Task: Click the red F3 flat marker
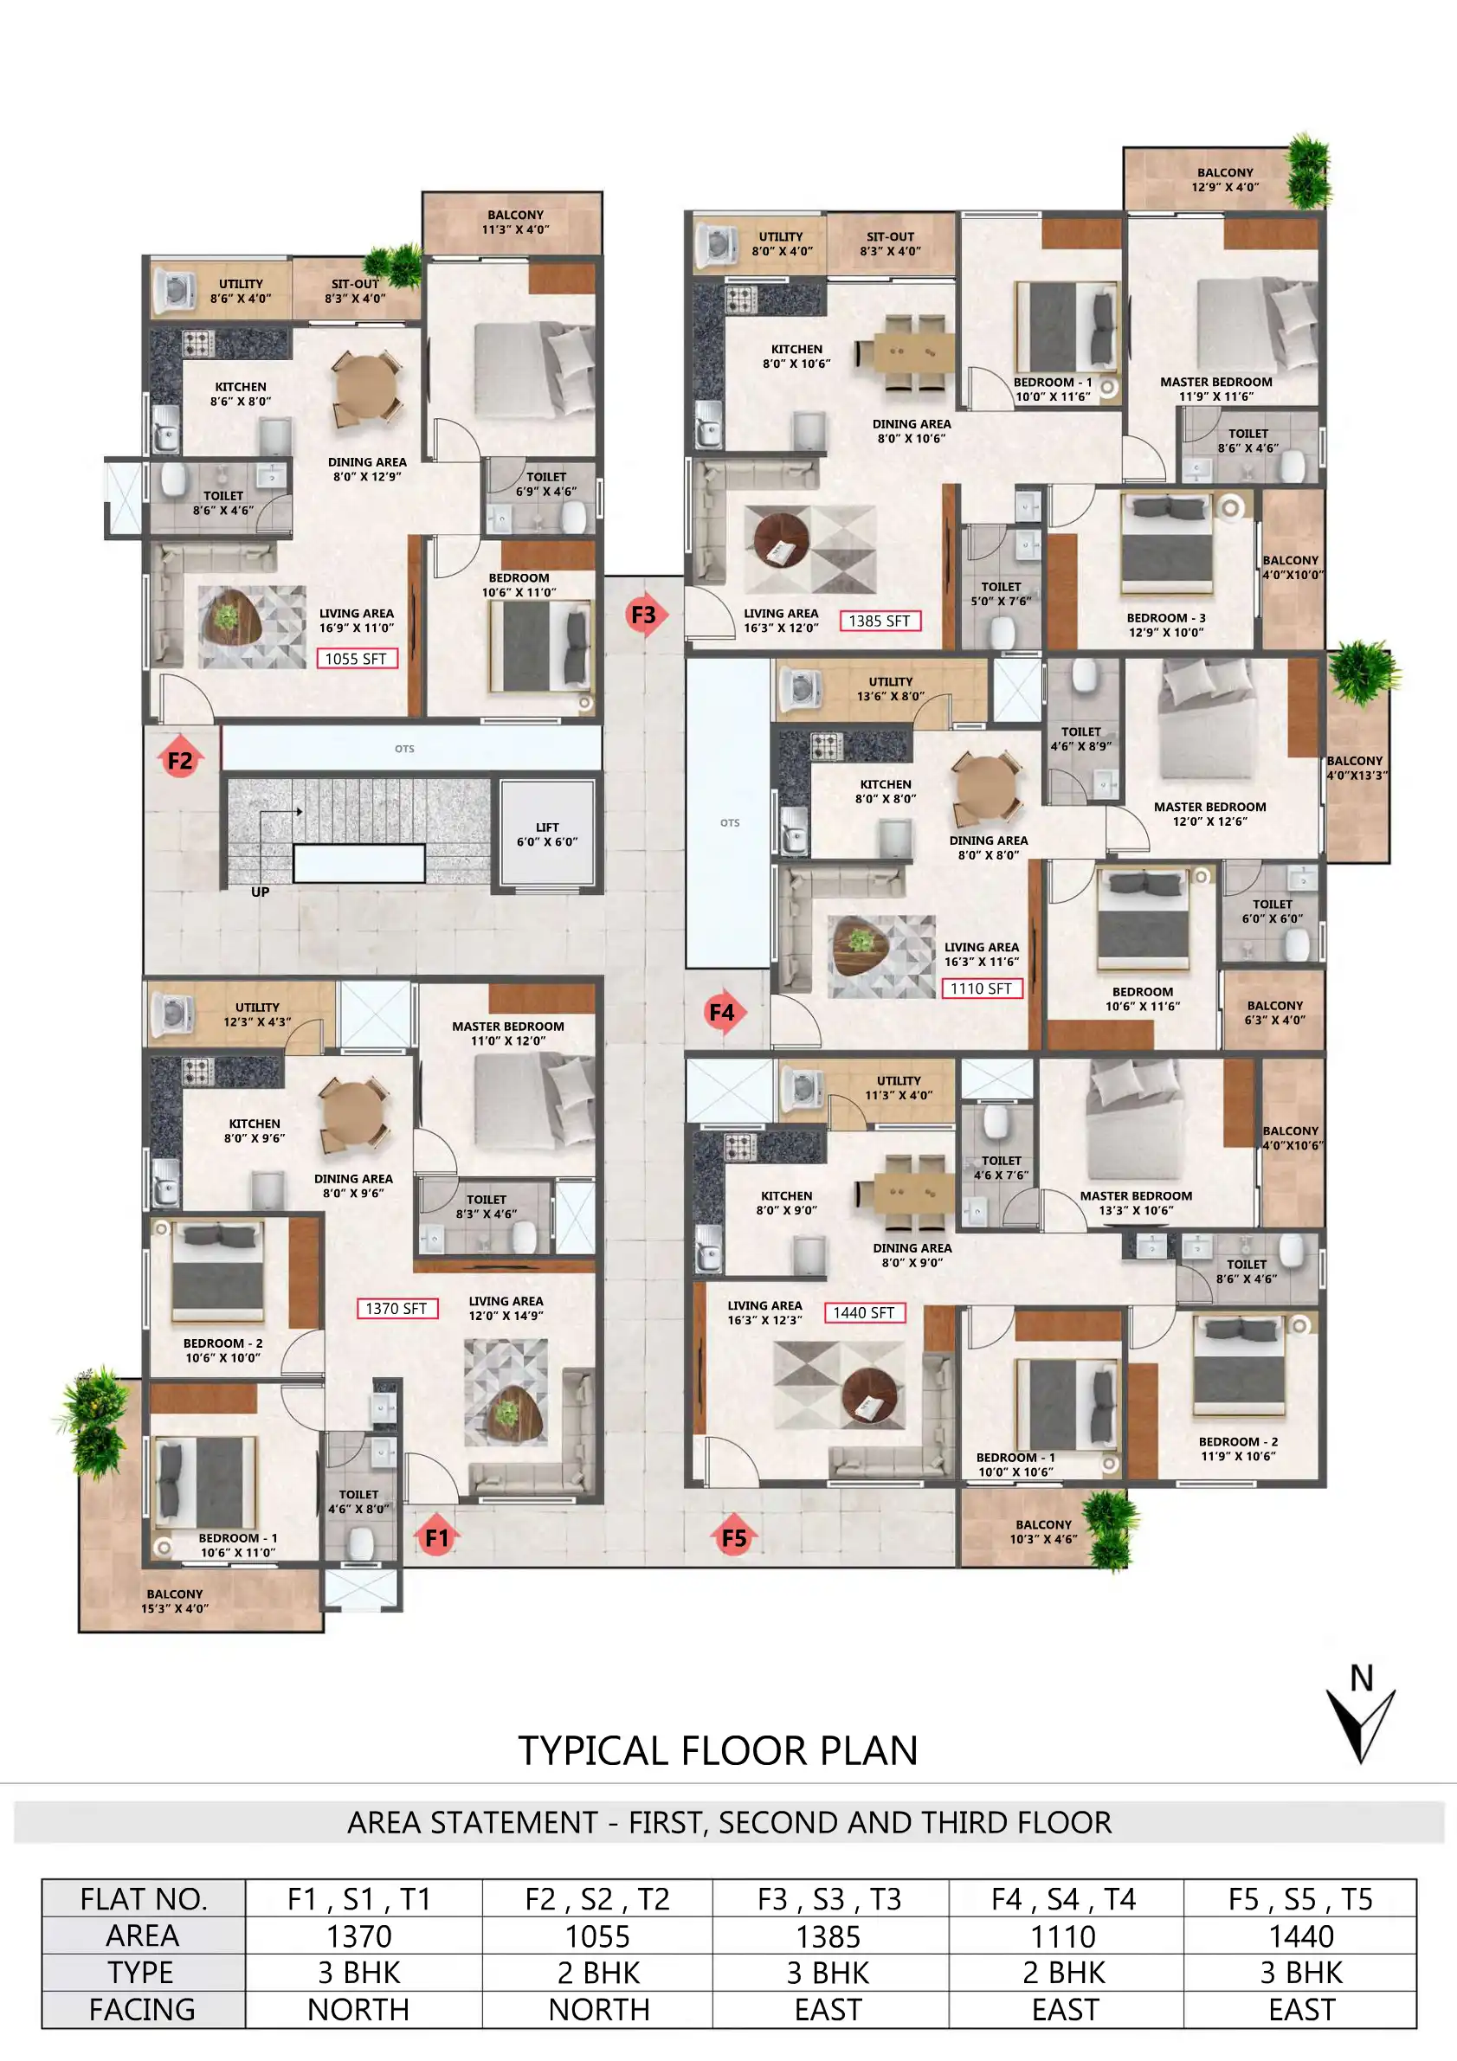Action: pyautogui.click(x=645, y=615)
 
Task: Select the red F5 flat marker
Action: pyautogui.click(x=733, y=1537)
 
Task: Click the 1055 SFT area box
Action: pyautogui.click(x=356, y=659)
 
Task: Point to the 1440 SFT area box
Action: pyautogui.click(x=864, y=1312)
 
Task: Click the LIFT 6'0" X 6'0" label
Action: pyautogui.click(x=547, y=834)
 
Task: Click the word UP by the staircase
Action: pyautogui.click(x=261, y=892)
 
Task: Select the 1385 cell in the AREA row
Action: pyautogui.click(x=828, y=1936)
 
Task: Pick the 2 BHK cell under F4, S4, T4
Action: pyautogui.click(x=1065, y=1973)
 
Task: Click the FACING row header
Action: pyautogui.click(x=143, y=2009)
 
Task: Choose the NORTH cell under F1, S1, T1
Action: pyautogui.click(x=359, y=2009)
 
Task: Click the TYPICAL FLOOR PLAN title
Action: pyautogui.click(x=719, y=1750)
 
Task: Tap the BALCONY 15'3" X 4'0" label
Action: pyautogui.click(x=175, y=1600)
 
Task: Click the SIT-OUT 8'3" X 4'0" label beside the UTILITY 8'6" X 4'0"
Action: pyautogui.click(x=356, y=291)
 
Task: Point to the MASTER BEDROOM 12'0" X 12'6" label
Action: pyautogui.click(x=1209, y=814)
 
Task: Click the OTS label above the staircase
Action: pyautogui.click(x=405, y=749)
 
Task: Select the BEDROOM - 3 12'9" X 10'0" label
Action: pyautogui.click(x=1165, y=625)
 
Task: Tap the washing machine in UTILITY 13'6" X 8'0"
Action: pyautogui.click(x=803, y=688)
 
